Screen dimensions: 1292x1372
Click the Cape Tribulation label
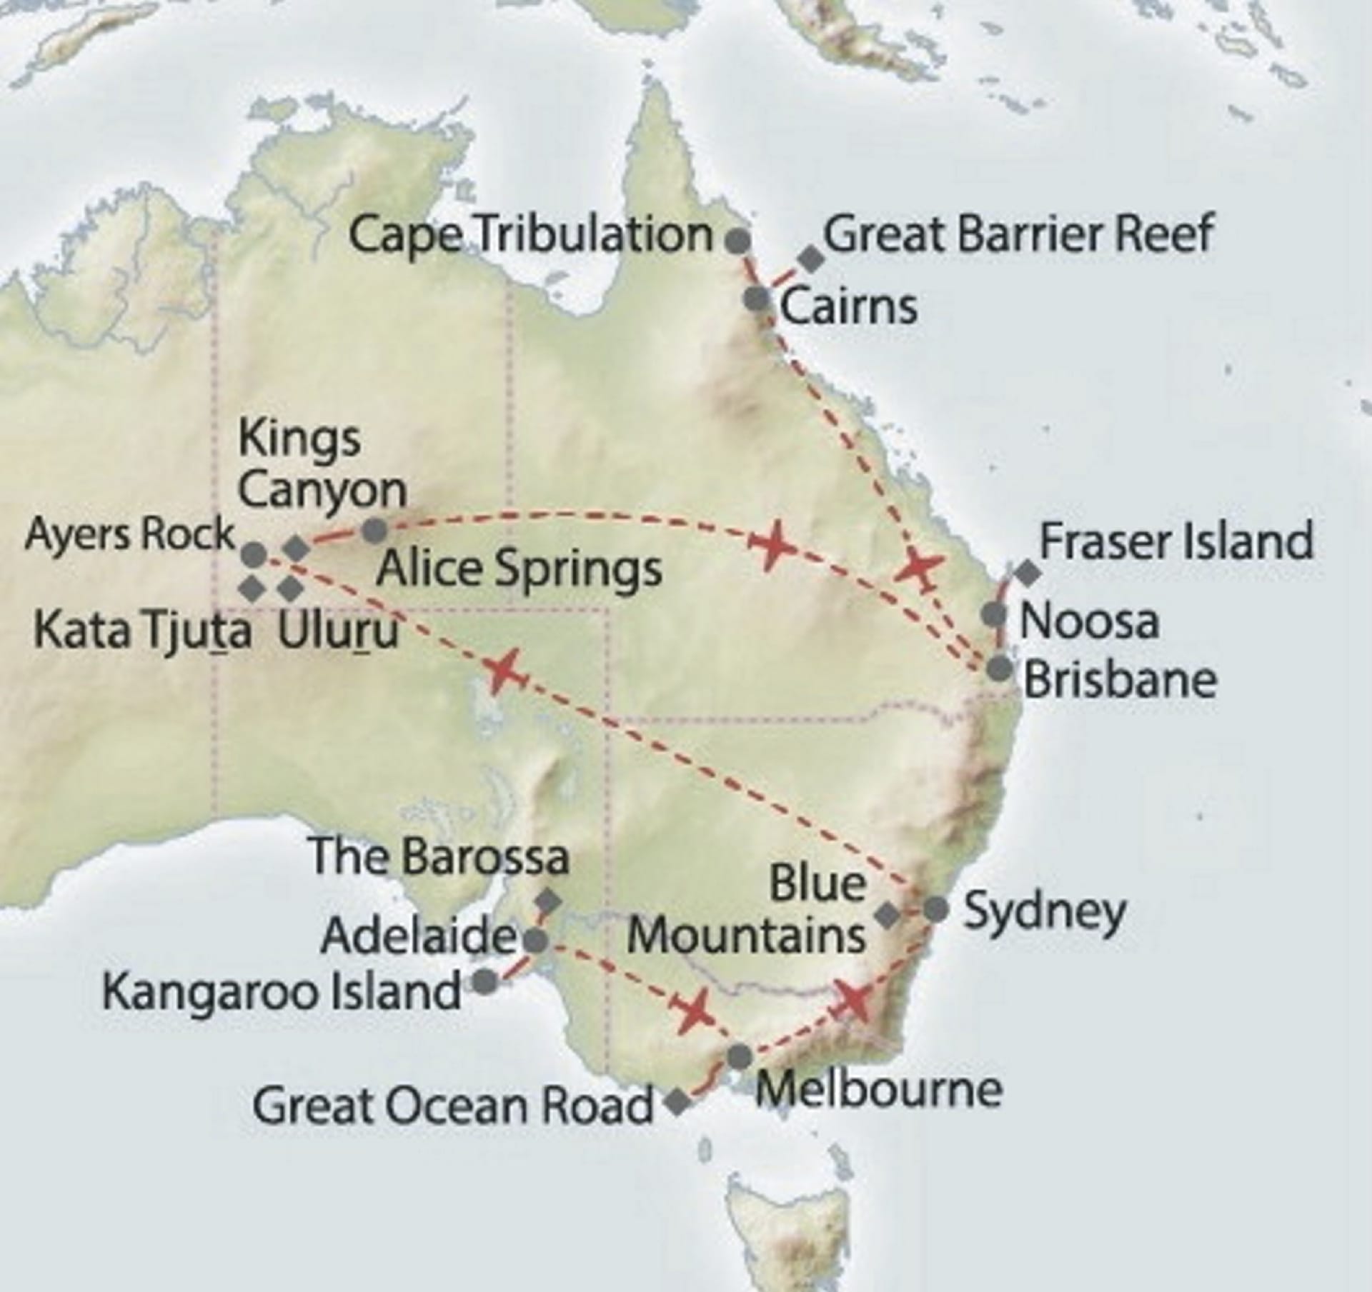530,236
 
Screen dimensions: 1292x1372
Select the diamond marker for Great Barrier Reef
810,259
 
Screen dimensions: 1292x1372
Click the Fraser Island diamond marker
1028,571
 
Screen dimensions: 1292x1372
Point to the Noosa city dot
993,614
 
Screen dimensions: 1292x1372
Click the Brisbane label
1120,681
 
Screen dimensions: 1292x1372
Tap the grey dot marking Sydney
935,910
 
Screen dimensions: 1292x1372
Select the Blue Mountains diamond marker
888,915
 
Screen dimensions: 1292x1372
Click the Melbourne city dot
739,1056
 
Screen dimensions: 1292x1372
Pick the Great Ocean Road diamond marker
677,1102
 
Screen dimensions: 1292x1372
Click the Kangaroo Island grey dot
485,981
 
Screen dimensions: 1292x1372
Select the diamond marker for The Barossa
548,901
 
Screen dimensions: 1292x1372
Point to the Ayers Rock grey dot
254,554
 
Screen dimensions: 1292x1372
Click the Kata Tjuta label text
143,632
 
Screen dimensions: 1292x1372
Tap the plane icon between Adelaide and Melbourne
693,1010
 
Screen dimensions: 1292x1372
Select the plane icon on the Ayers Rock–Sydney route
503,670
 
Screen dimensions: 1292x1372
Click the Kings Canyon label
322,464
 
